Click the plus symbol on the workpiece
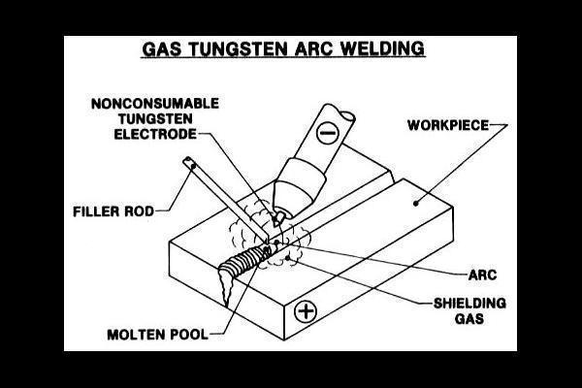(x=307, y=311)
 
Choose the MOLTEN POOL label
(x=157, y=337)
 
